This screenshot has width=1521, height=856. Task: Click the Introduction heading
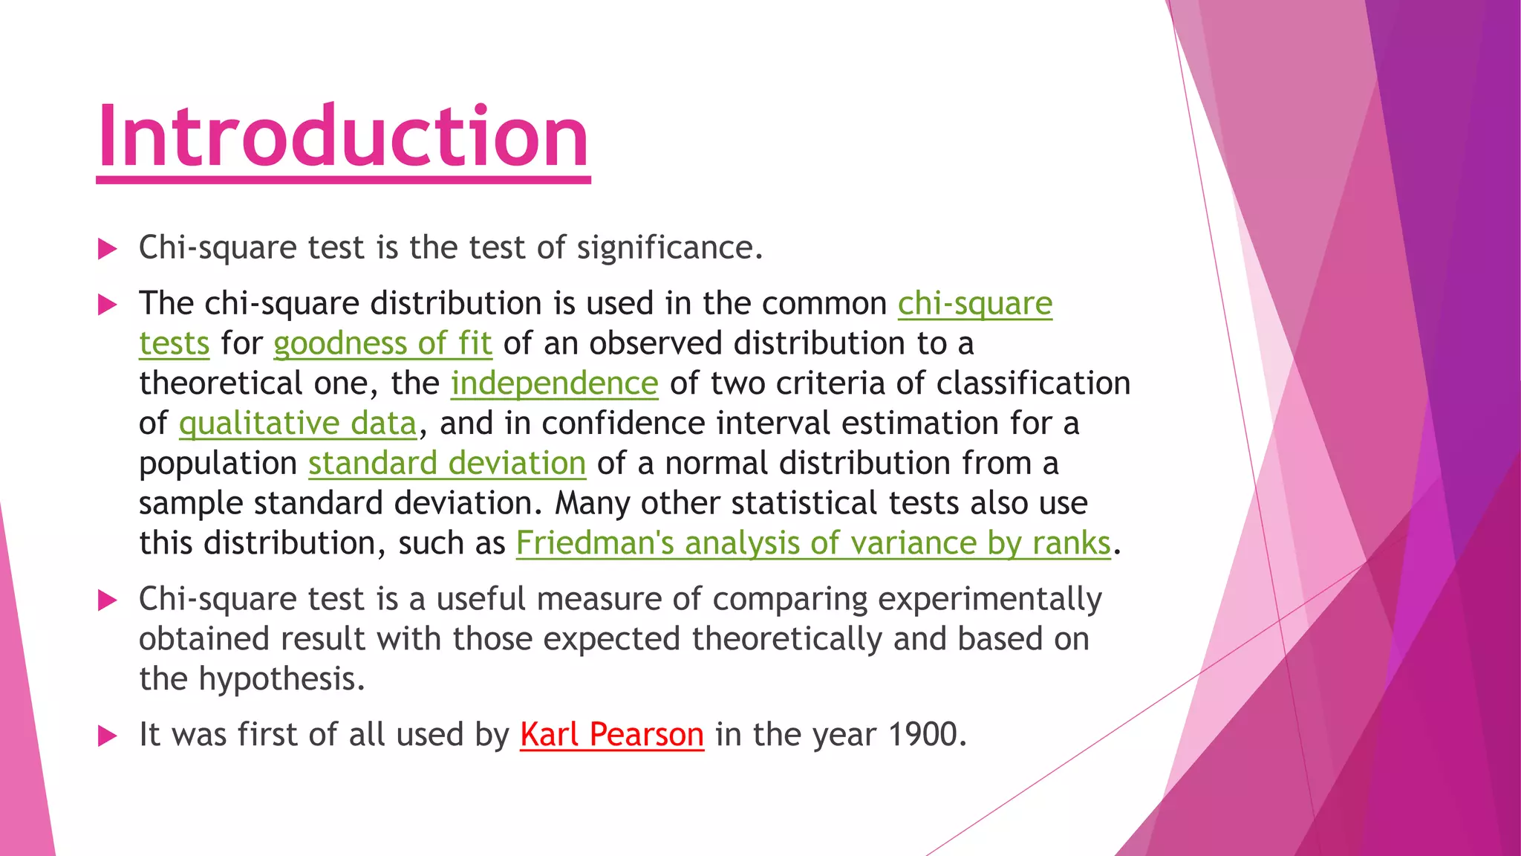[343, 137]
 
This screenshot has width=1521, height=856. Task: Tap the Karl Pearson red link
[611, 735]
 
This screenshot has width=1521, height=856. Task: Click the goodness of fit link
[382, 344]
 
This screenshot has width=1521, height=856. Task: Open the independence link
[554, 384]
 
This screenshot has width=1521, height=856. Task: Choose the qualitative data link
[297, 424]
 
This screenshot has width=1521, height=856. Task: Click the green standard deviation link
[447, 464]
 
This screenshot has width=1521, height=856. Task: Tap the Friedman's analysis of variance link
[813, 544]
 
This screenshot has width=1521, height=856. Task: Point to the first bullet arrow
[108, 249]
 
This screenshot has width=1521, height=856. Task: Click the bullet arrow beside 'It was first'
[108, 736]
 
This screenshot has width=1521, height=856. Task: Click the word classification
[1033, 384]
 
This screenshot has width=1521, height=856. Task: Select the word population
[218, 464]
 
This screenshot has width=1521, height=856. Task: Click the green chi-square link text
[974, 304]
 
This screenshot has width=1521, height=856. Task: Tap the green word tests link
[174, 344]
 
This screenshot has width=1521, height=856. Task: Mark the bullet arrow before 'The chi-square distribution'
[108, 305]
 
